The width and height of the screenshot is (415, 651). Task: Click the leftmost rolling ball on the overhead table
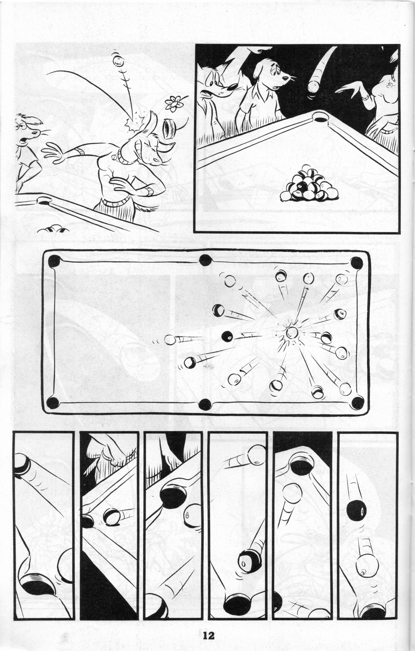(x=170, y=340)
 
